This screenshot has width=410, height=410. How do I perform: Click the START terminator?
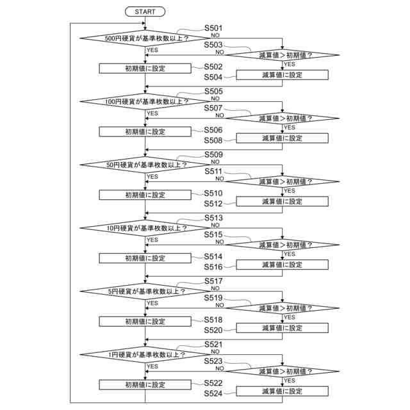[x=145, y=12]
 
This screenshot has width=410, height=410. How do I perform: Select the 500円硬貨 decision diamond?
[x=146, y=38]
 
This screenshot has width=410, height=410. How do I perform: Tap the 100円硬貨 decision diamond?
[x=146, y=101]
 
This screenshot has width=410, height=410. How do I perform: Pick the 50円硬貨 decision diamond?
[x=146, y=165]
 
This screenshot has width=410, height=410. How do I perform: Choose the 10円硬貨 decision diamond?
[x=146, y=227]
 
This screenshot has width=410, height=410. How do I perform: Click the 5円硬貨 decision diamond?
[x=146, y=291]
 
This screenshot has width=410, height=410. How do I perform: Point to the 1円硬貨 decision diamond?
[x=146, y=354]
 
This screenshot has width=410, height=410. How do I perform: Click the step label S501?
[x=213, y=28]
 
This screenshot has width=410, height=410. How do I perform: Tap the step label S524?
[x=213, y=393]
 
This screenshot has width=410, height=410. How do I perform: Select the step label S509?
[x=213, y=155]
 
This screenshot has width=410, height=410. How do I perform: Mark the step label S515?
[x=213, y=235]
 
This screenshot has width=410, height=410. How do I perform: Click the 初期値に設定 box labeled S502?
[x=145, y=69]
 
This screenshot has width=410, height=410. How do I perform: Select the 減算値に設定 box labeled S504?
[x=282, y=75]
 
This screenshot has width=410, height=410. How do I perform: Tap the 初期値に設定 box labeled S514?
[x=145, y=258]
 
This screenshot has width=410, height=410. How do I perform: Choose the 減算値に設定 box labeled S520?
[x=282, y=328]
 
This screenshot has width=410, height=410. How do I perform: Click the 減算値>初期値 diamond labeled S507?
[x=282, y=118]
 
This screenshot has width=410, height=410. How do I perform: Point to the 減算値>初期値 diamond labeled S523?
[x=282, y=371]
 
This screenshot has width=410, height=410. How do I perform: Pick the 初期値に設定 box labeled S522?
[x=145, y=385]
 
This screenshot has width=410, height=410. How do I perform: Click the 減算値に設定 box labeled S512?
[x=282, y=201]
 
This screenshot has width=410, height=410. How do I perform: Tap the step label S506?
[x=213, y=130]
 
